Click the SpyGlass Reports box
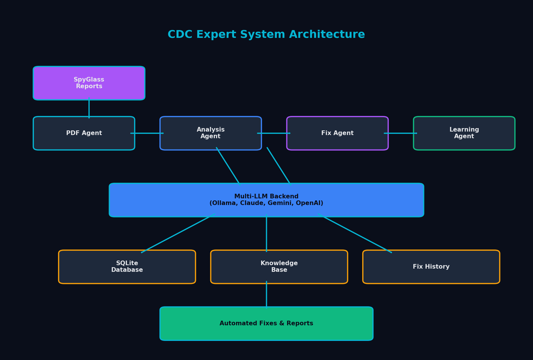tap(89, 83)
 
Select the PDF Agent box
tap(84, 133)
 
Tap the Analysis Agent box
tap(211, 133)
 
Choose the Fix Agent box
tap(337, 133)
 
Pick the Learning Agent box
tap(464, 133)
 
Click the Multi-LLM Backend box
tap(266, 200)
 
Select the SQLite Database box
tap(127, 267)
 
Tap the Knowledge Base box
tap(279, 267)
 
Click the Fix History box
tap(431, 267)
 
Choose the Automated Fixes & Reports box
tap(266, 324)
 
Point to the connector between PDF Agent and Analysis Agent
tap(147, 133)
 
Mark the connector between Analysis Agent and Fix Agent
tap(274, 133)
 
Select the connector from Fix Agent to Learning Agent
tap(401, 133)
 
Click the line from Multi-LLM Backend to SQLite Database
tap(178, 233)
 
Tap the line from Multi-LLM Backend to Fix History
tap(355, 233)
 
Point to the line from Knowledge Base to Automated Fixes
tap(266, 295)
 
